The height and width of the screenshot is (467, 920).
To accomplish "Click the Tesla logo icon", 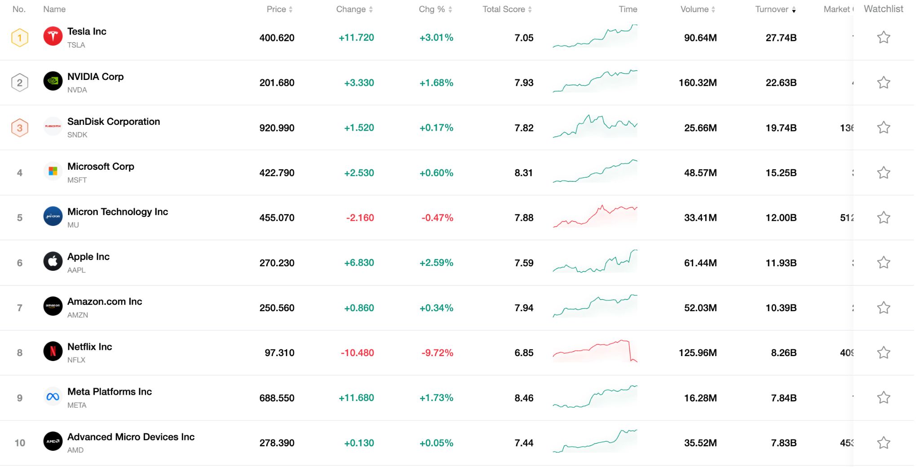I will (53, 36).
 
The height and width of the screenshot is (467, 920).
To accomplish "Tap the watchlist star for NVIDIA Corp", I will (883, 83).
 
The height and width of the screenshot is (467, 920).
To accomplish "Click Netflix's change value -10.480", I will (357, 353).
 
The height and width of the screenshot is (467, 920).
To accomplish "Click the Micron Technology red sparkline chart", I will (595, 216).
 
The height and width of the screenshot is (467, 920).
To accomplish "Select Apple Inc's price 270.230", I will (277, 263).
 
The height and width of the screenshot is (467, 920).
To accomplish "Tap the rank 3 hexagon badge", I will (20, 128).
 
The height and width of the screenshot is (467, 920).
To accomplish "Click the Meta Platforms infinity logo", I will (53, 397).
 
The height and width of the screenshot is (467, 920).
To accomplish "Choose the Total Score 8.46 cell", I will (524, 398).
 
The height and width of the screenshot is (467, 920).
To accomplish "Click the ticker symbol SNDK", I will (77, 135).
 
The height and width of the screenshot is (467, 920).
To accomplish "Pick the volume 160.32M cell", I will (698, 83).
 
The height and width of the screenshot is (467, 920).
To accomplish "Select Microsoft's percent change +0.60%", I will (436, 173).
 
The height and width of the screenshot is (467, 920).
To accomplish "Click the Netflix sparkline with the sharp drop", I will (595, 352).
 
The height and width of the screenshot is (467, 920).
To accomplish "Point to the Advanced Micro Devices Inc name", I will (131, 437).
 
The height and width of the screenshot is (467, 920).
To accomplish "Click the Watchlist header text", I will (883, 9).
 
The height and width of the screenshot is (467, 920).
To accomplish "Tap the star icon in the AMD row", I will (883, 443).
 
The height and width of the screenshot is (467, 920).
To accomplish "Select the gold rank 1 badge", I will (20, 38).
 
